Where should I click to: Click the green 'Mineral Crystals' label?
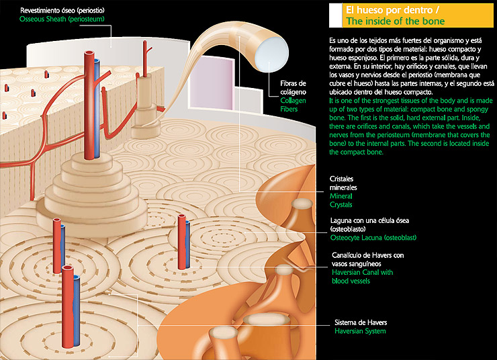[341, 199]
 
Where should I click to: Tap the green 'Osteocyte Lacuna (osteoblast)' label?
[379, 238]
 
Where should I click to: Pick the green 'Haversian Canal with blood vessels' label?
[363, 277]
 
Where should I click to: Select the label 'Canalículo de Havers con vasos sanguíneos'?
[368, 259]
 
